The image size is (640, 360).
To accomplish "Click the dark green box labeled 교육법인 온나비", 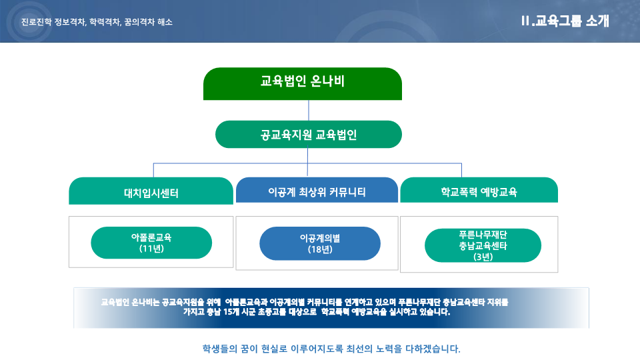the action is tap(303, 84).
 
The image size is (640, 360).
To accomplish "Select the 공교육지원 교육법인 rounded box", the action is tap(309, 134).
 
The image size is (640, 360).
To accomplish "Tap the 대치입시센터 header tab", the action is tap(151, 191).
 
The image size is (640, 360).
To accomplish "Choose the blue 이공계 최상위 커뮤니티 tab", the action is tap(317, 190).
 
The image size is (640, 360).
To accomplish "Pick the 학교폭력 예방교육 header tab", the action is tap(479, 190).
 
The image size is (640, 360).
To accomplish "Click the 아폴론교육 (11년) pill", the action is tap(151, 243).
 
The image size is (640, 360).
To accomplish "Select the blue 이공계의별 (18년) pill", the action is tap(320, 243).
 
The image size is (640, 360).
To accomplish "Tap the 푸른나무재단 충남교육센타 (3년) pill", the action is tap(483, 245).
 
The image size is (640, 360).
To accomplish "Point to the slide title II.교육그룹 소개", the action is tap(565, 21).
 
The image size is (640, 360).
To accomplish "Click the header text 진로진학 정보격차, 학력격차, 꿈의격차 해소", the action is tap(97, 22).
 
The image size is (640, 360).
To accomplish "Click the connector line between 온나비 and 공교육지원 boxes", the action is tap(309, 110).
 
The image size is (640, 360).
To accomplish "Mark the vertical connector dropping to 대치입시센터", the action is tap(153, 170).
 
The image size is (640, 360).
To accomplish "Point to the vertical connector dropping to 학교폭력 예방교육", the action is tap(461, 170).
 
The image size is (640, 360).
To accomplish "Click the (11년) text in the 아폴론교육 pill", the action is tap(151, 249).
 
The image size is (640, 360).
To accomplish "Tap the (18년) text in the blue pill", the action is tap(320, 249).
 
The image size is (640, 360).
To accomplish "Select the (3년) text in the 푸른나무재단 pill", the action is tap(483, 257).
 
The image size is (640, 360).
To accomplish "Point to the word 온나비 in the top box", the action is tap(327, 81).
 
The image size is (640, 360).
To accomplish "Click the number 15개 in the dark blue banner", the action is tap(231, 312).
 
